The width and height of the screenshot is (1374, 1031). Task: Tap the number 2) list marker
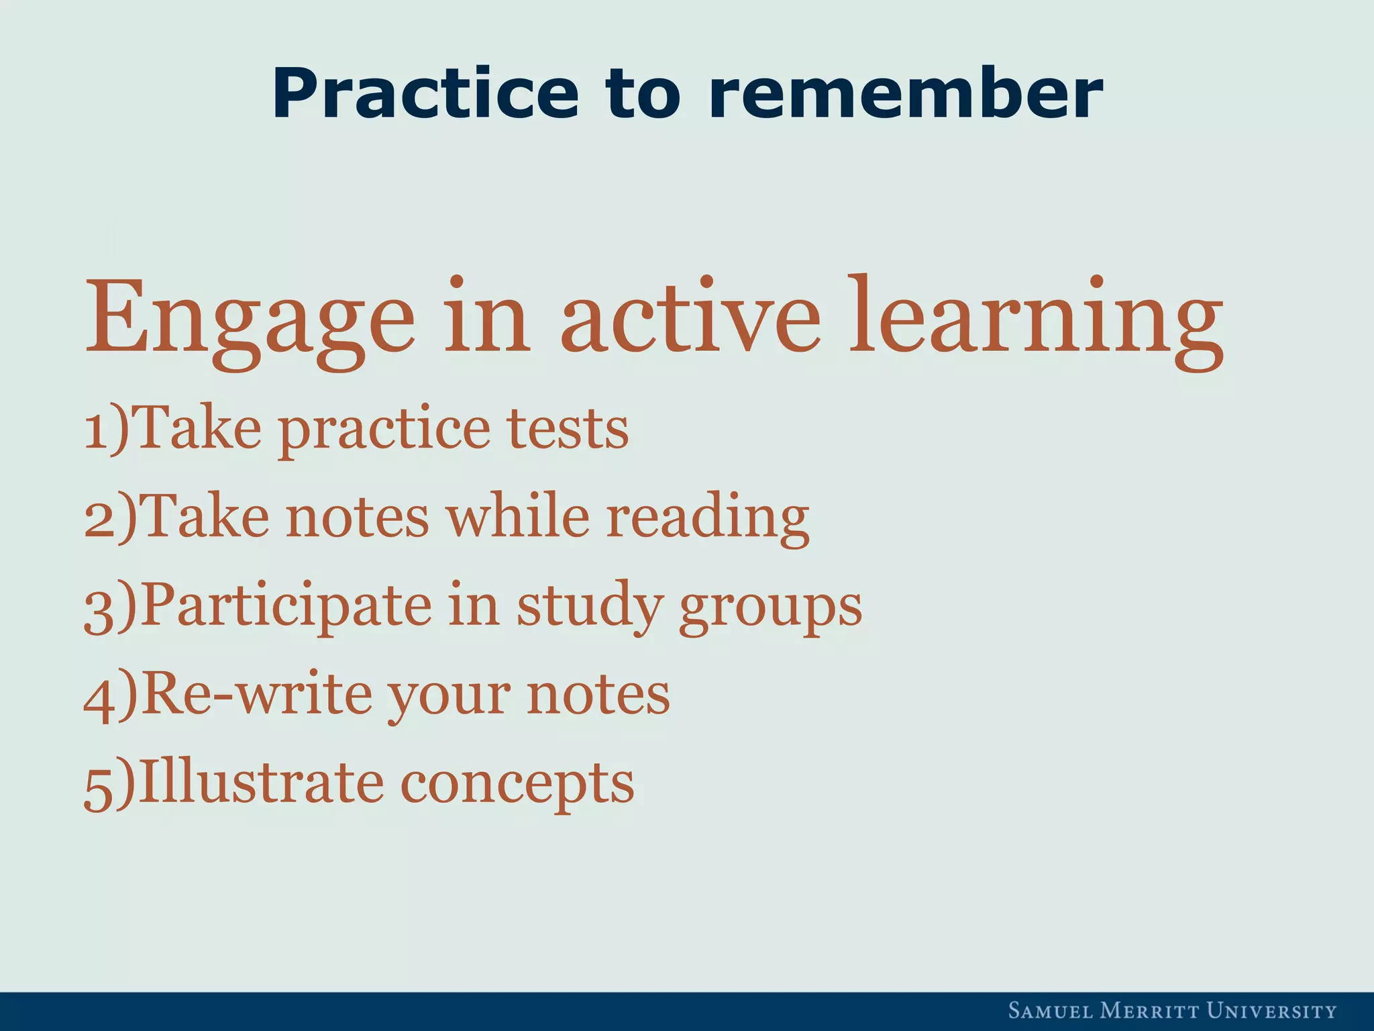110,518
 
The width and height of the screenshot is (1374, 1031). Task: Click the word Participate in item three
286,607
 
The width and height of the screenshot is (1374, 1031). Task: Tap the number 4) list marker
110,696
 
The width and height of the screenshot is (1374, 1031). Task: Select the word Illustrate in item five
261,783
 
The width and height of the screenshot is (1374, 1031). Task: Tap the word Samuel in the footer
1048,1011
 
